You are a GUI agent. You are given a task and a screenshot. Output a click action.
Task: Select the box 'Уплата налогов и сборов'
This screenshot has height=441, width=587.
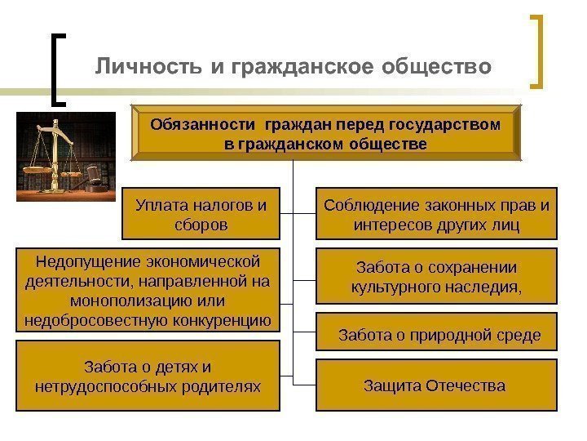pos(201,213)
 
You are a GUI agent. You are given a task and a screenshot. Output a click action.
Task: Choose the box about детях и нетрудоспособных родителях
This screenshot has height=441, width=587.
pos(148,376)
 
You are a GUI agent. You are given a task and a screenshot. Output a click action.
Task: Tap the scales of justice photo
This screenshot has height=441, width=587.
pos(67,157)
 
